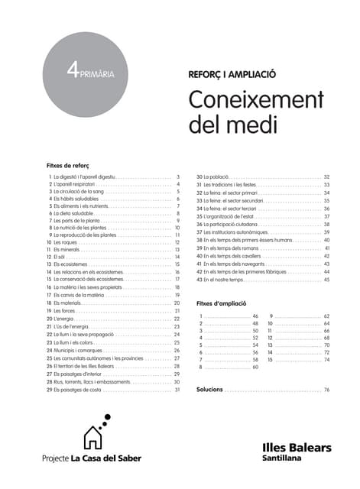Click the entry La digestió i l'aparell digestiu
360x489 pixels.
84,176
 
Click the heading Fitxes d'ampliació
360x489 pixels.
222,303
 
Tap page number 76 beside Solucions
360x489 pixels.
326,390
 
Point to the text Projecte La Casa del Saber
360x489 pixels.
91,458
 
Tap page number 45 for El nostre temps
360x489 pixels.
326,280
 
